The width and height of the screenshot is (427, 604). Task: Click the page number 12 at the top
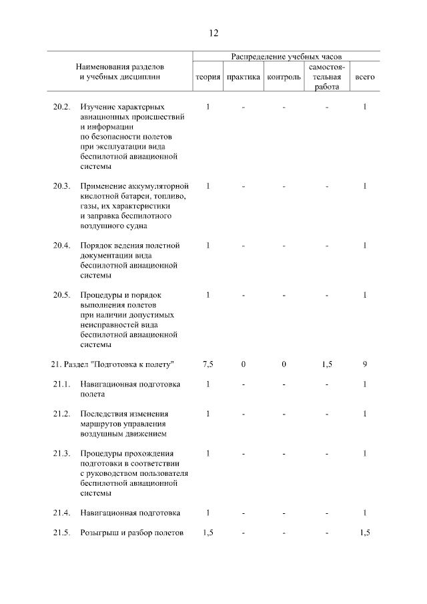tap(213, 33)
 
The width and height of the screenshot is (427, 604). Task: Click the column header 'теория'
tap(207, 77)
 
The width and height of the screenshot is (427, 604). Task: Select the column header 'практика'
tap(244, 77)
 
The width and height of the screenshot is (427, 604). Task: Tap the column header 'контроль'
tap(284, 77)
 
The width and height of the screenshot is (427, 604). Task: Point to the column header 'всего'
tap(365, 77)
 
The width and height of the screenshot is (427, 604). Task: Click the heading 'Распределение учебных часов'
tap(286, 57)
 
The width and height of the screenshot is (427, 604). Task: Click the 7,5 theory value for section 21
tap(207, 364)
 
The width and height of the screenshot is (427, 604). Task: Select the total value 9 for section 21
tap(365, 364)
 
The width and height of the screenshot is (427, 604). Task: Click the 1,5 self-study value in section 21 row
tap(326, 364)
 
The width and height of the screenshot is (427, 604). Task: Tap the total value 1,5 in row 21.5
tap(365, 533)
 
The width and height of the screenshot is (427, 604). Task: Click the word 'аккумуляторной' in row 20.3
tap(157, 186)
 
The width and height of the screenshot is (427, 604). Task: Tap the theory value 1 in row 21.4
tap(208, 513)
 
